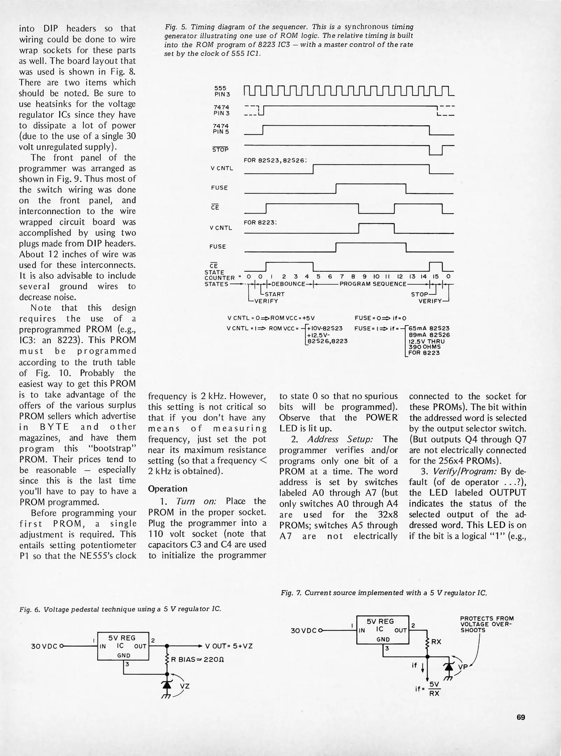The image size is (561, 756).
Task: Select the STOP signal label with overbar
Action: click(x=220, y=149)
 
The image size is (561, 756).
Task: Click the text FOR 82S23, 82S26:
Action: click(x=275, y=161)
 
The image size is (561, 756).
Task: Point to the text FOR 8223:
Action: click(x=260, y=222)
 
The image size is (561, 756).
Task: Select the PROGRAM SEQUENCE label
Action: click(x=373, y=284)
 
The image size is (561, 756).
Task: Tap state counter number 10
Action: click(x=376, y=276)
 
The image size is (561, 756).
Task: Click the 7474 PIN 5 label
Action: click(x=221, y=129)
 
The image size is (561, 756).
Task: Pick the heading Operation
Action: click(x=168, y=489)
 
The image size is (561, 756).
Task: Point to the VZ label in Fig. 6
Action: click(x=185, y=686)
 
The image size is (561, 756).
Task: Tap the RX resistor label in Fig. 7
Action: click(x=436, y=642)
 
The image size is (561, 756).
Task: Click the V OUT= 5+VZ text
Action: click(x=229, y=646)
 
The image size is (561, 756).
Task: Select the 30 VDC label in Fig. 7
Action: click(x=303, y=631)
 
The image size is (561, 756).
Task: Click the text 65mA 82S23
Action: click(x=428, y=328)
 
